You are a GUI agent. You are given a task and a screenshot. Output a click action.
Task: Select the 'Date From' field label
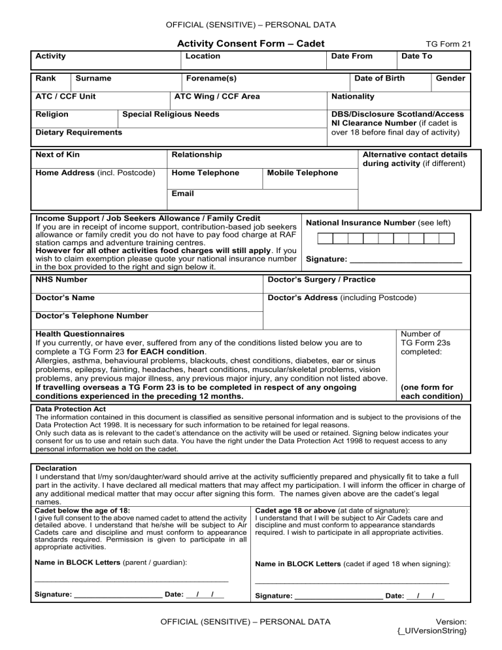click(x=352, y=57)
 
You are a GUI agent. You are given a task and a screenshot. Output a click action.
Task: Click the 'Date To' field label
click(x=416, y=57)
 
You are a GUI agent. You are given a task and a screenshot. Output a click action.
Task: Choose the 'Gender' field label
click(x=450, y=78)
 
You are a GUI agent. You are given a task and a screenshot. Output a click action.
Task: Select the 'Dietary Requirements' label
click(x=78, y=133)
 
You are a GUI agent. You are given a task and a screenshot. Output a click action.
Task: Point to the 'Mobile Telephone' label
click(x=302, y=173)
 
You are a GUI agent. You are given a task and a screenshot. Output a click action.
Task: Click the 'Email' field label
click(x=182, y=194)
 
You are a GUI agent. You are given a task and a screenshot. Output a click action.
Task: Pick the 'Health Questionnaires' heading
click(x=80, y=334)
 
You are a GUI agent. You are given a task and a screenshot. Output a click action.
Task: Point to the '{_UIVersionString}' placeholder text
click(x=431, y=631)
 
